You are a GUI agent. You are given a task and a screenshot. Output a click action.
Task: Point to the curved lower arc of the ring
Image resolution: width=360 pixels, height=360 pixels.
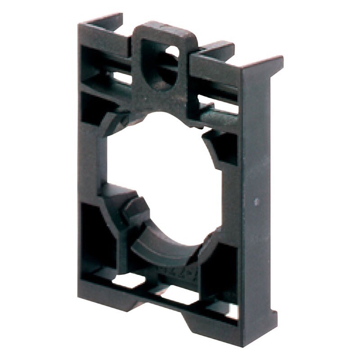[x=171, y=252]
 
